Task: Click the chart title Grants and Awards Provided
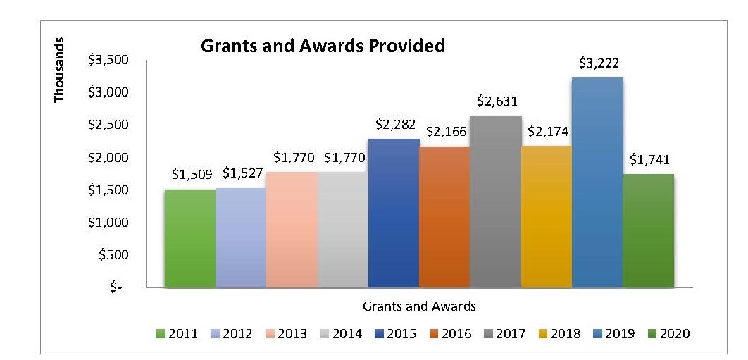click(x=323, y=46)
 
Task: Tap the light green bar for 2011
click(x=189, y=238)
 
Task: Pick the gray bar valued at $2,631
click(x=495, y=202)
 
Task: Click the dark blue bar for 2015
click(x=394, y=213)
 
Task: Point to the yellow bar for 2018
click(x=547, y=217)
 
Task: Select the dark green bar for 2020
click(x=648, y=231)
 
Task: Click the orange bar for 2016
click(x=444, y=217)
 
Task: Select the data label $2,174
click(x=547, y=131)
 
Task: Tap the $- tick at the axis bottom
click(x=116, y=288)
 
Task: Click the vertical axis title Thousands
click(x=60, y=70)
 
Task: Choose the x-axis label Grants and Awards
click(x=419, y=306)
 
